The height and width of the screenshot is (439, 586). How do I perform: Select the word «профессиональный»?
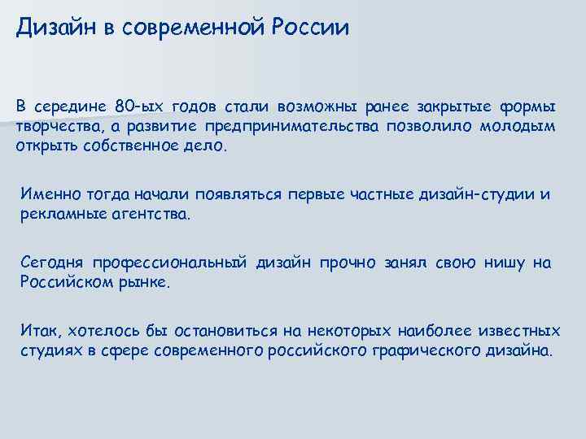[170, 263]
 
